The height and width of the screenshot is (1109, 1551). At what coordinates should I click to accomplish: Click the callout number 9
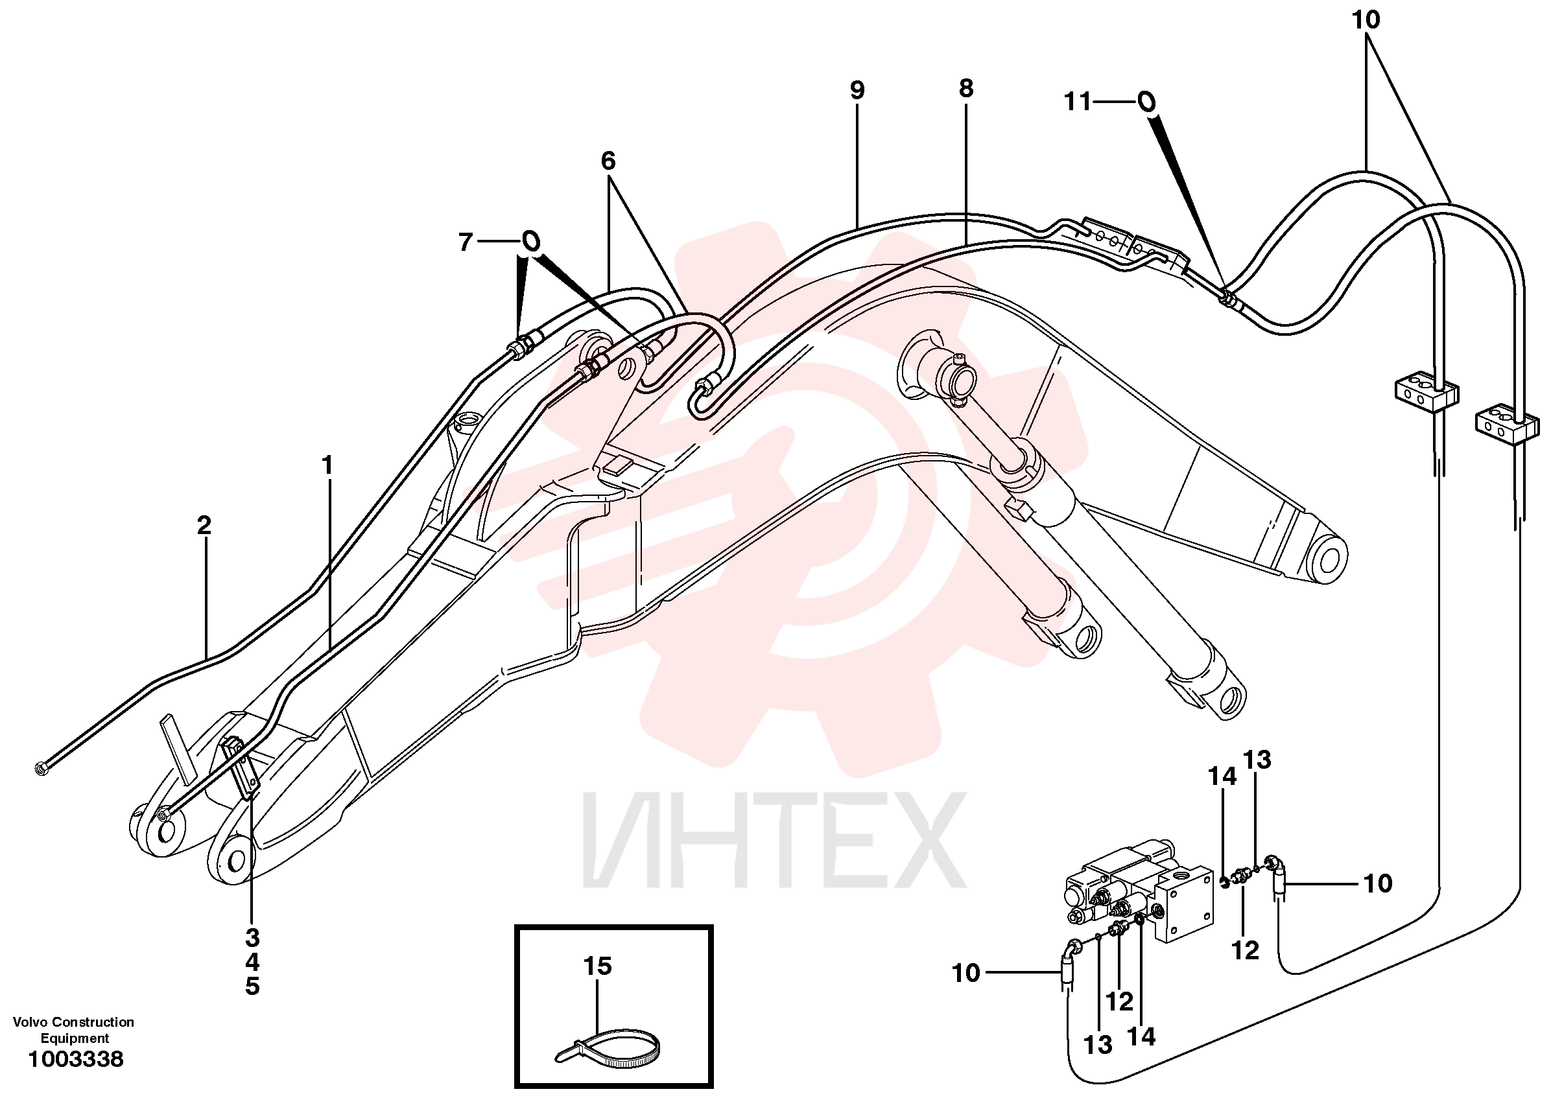(857, 90)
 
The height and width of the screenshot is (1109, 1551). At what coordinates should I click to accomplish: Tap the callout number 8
(965, 88)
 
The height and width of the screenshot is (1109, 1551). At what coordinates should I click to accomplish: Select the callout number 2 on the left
(204, 525)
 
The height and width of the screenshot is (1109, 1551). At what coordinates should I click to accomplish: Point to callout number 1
(327, 466)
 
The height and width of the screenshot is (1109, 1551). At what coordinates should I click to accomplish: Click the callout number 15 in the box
(597, 966)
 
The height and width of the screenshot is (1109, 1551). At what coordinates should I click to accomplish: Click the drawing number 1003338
(75, 1059)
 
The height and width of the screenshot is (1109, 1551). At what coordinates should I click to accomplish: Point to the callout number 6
(608, 161)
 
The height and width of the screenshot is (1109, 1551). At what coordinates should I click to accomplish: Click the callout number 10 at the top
(1366, 20)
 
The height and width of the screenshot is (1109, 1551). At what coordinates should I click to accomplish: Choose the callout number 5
(252, 986)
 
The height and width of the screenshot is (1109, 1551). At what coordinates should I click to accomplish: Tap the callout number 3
(252, 938)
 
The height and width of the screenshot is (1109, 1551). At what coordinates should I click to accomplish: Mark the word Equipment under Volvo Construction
(75, 1038)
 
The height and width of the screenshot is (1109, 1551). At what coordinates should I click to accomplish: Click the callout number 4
(252, 962)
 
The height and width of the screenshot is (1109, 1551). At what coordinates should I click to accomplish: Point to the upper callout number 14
(1222, 776)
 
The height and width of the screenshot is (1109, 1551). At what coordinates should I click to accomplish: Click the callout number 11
(1078, 102)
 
